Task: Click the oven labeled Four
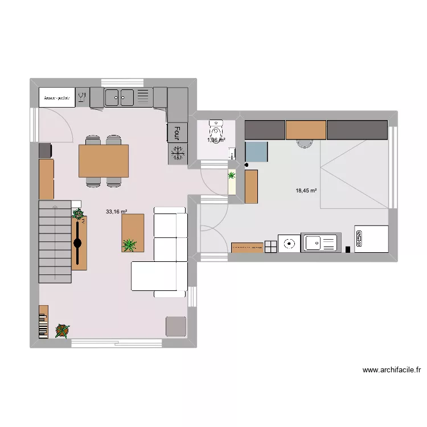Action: pyautogui.click(x=177, y=132)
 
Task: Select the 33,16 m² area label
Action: pyautogui.click(x=116, y=212)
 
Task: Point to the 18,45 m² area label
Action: pyautogui.click(x=306, y=191)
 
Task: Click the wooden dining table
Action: pyautogui.click(x=104, y=161)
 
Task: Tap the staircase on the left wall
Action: pyautogui.click(x=55, y=241)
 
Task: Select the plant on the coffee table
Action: pyautogui.click(x=130, y=245)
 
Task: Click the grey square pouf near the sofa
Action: pyautogui.click(x=176, y=326)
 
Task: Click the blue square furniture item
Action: pyautogui.click(x=256, y=153)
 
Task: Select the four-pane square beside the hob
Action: pyautogui.click(x=270, y=245)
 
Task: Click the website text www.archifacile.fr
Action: pyautogui.click(x=392, y=370)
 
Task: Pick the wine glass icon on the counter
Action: pyautogui.click(x=82, y=96)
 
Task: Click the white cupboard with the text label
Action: pyautogui.click(x=57, y=97)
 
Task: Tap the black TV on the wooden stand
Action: pyautogui.click(x=77, y=243)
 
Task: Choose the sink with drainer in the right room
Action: pyautogui.click(x=321, y=243)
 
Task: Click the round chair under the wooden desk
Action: pyautogui.click(x=305, y=143)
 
